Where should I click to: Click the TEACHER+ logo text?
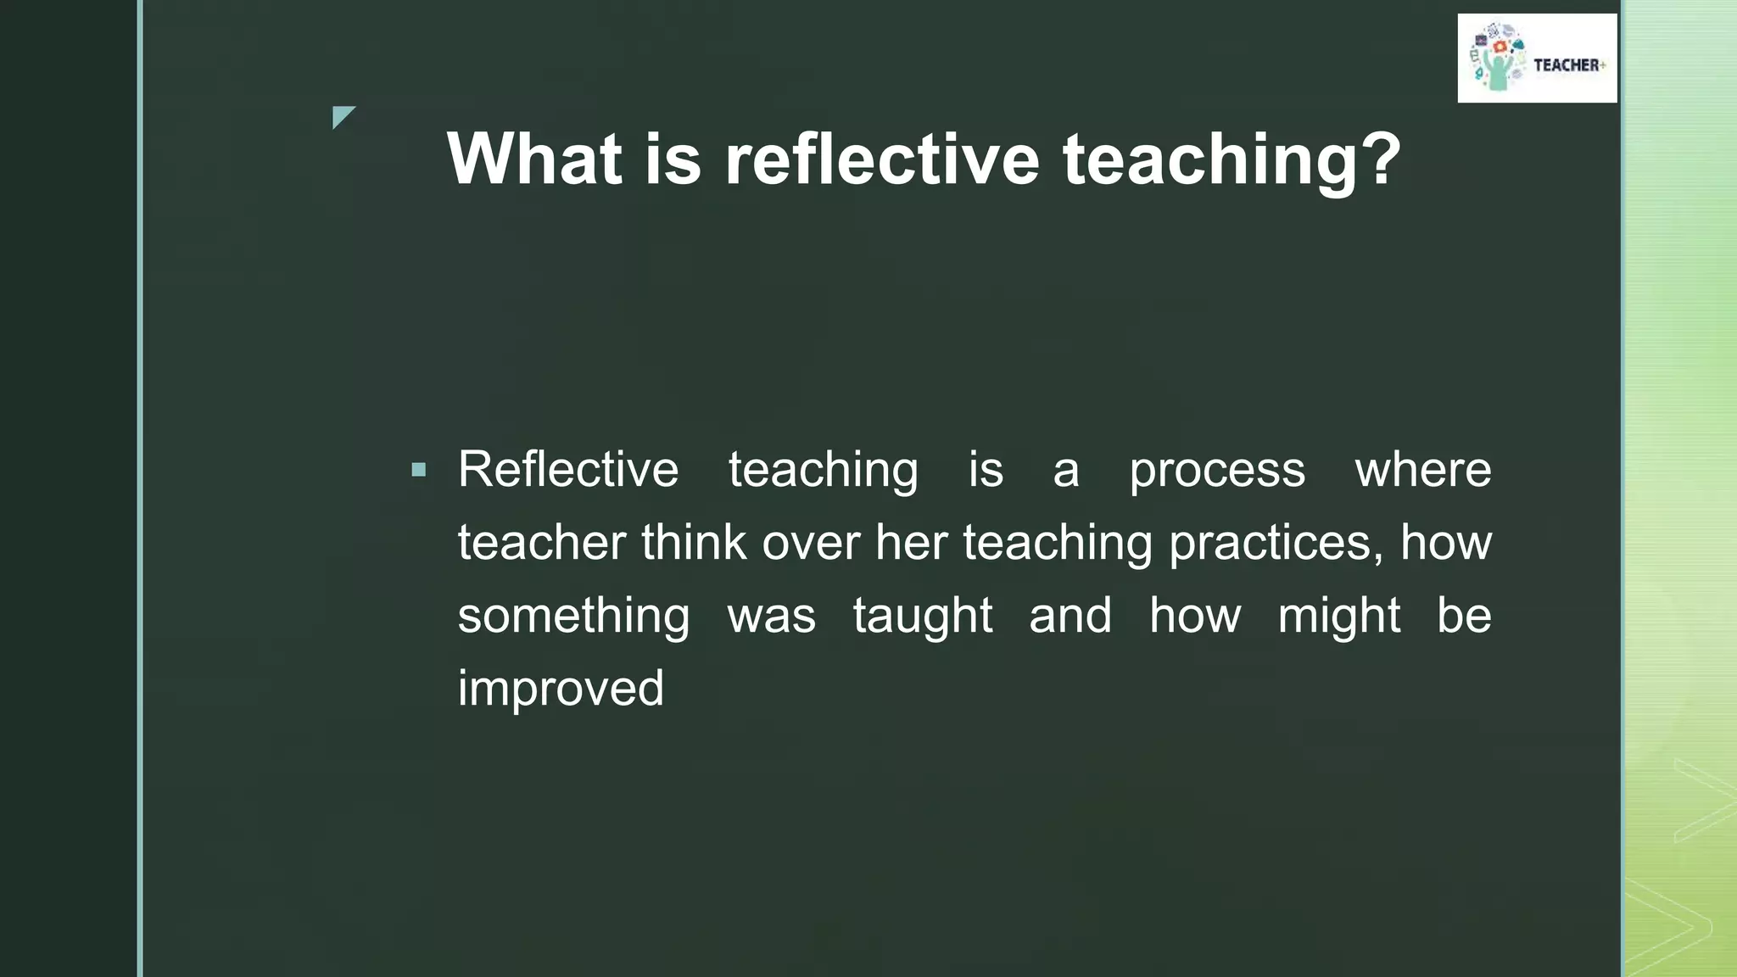point(1568,65)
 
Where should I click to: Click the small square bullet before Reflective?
point(418,470)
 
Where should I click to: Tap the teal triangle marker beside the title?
point(342,116)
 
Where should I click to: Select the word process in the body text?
point(1217,470)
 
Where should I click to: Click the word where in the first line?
point(1423,470)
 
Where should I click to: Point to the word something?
point(573,616)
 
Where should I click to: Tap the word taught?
point(922,616)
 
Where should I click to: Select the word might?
point(1338,616)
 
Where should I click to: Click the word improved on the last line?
point(561,689)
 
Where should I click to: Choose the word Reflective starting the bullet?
point(568,470)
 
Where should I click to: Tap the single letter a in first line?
point(1066,472)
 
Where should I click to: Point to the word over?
point(811,543)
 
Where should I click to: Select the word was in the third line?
point(771,617)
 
